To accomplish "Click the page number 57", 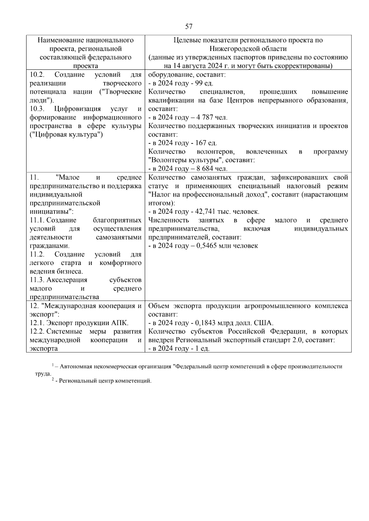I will [189, 27].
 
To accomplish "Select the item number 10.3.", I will [37, 109].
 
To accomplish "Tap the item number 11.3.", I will [37, 280].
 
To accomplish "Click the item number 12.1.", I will [37, 323].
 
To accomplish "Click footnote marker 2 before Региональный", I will [53, 380].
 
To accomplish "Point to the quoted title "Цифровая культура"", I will [66, 134].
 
